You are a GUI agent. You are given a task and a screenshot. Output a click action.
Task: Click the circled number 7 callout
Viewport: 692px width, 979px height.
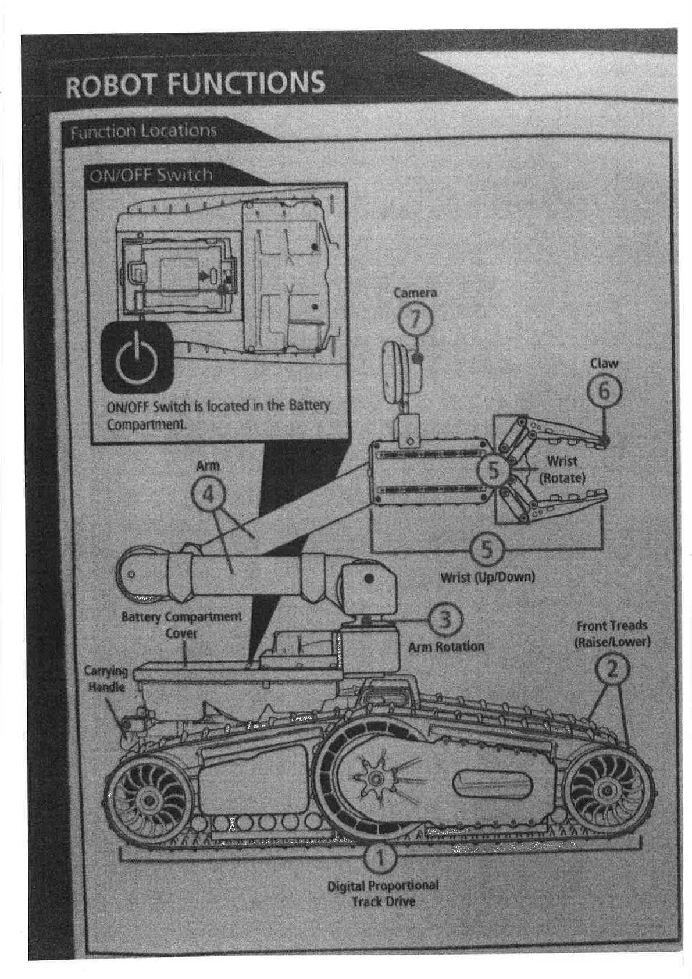[x=415, y=319]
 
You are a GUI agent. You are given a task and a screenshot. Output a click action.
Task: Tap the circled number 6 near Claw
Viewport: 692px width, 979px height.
[x=604, y=391]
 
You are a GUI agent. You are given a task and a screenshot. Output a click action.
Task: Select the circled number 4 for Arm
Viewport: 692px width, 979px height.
[x=208, y=494]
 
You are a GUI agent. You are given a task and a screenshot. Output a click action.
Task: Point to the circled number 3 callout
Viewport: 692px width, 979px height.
[x=445, y=620]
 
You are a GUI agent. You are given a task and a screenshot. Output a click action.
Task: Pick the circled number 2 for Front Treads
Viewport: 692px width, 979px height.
[x=612, y=670]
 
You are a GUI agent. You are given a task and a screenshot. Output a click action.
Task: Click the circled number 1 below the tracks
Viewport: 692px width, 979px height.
[x=380, y=857]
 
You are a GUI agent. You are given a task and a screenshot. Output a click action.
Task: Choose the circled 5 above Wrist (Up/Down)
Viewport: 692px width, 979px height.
[x=486, y=549]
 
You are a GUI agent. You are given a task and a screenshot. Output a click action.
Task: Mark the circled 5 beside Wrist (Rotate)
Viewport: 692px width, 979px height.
[x=493, y=470]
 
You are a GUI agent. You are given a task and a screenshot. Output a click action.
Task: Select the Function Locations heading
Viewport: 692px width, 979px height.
[x=143, y=131]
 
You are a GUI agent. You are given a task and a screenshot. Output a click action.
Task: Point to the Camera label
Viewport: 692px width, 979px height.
[x=415, y=293]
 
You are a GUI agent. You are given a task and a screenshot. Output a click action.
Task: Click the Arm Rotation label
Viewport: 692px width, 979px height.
[x=446, y=646]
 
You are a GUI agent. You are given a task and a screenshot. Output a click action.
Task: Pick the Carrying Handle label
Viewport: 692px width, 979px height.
[x=106, y=679]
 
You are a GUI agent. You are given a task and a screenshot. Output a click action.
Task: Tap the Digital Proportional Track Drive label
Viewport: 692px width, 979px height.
[x=383, y=893]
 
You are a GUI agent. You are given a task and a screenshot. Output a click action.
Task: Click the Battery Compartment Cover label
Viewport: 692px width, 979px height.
[x=181, y=624]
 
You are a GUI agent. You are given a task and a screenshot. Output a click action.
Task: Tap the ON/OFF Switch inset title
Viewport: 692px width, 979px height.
[x=151, y=175]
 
